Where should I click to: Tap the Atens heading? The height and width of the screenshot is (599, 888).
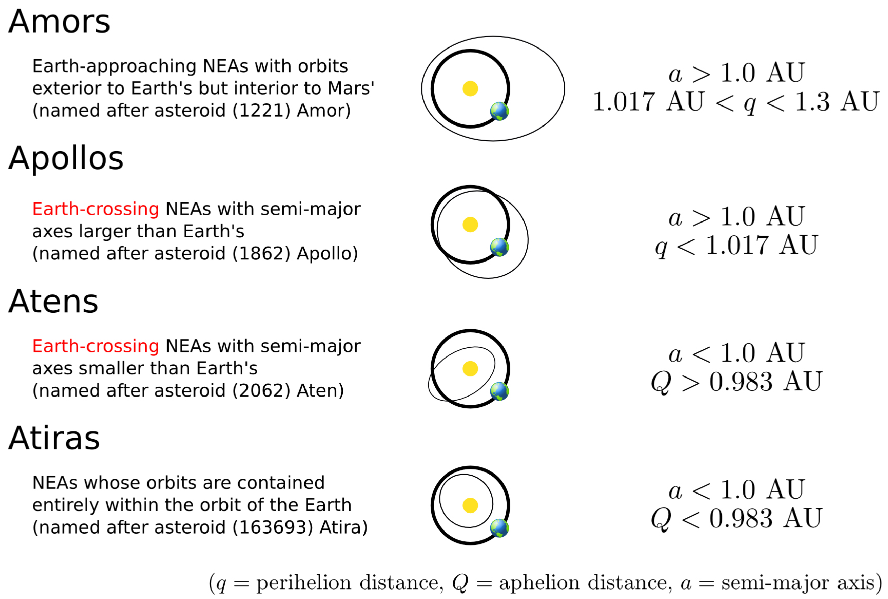54,302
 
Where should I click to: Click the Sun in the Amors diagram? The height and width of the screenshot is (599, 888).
470,89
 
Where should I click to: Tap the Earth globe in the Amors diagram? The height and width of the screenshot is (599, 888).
499,111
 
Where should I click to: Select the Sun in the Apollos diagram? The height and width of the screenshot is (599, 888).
470,225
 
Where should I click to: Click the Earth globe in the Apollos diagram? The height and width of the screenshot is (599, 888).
499,247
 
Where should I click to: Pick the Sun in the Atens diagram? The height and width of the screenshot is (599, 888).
470,369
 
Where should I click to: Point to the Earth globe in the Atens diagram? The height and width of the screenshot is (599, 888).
499,391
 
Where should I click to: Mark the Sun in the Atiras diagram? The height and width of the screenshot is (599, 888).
470,505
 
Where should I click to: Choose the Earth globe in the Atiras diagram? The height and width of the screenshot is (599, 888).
499,528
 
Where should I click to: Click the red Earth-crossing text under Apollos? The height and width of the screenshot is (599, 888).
95,209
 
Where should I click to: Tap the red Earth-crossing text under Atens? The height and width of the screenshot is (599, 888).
95,346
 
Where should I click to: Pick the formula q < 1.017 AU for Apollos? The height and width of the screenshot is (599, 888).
736,245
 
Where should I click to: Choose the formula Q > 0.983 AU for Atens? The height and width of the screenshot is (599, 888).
736,382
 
